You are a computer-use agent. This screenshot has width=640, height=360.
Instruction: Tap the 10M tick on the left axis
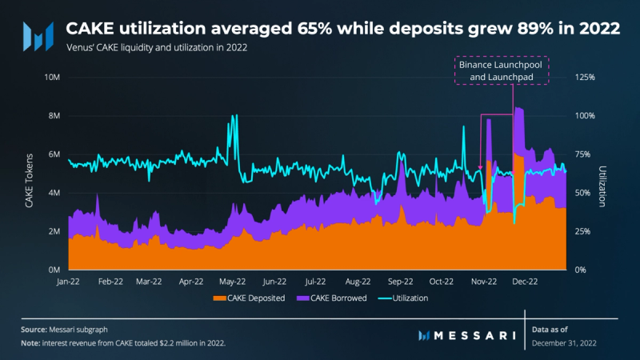pos(52,78)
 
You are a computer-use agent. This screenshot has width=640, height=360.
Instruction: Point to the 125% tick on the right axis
pos(586,78)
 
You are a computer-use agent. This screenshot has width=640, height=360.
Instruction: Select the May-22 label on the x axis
pos(233,282)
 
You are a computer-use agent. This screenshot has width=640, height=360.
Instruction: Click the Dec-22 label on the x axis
pos(526,282)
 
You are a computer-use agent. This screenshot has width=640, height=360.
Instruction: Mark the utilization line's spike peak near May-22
pos(234,116)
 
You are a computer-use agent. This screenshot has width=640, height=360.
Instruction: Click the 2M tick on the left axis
pos(54,231)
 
